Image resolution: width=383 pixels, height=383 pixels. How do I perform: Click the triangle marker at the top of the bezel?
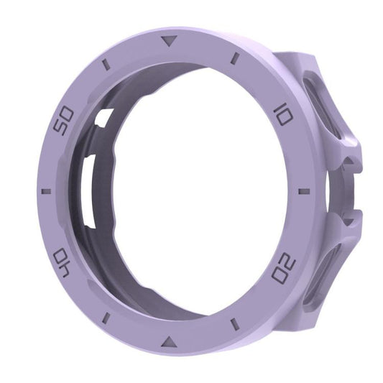tap(170, 40)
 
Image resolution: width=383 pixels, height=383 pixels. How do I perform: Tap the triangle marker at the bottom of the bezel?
tap(169, 342)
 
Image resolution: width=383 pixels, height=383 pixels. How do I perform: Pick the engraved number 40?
tap(63, 262)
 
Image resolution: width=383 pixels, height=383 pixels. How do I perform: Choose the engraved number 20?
tap(284, 267)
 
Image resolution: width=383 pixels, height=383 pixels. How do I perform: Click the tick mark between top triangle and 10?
tap(235, 59)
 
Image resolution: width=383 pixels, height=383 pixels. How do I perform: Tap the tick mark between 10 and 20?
tap(304, 191)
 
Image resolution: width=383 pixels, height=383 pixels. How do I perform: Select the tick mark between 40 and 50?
tap(47, 191)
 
